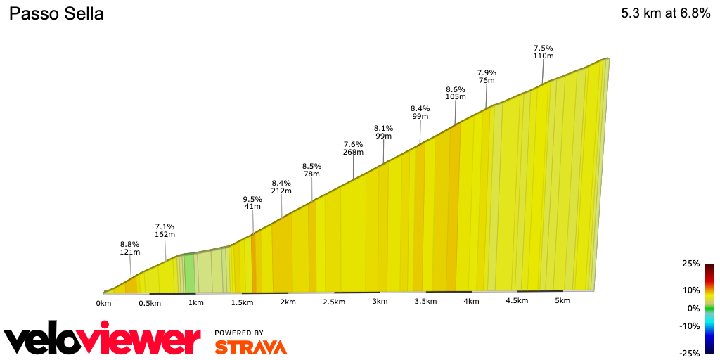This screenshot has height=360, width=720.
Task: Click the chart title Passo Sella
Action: coord(56,14)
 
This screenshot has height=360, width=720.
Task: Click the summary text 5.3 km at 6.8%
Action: coord(665,14)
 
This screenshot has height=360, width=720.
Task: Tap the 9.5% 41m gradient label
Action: coord(252,203)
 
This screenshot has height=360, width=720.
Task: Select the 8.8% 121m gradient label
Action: coord(129,248)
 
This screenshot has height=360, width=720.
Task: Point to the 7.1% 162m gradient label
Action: coord(165,231)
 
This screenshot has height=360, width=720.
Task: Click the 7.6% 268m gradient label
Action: coord(353,148)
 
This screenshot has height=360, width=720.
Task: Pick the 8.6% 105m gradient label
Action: coord(456,94)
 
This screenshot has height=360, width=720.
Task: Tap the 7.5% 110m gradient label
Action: coord(544,52)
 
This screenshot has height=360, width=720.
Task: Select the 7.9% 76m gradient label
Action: coord(487,77)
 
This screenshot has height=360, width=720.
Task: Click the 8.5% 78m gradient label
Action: coord(311,170)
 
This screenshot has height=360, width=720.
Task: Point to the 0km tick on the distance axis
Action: coord(104,303)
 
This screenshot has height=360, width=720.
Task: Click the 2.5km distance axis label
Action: coord(334,302)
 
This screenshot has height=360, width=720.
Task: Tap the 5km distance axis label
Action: coord(562,301)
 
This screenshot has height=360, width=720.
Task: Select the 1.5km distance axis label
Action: coord(242,302)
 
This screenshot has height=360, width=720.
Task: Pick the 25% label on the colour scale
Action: coord(690,264)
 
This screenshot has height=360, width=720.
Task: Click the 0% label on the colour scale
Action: coord(693,308)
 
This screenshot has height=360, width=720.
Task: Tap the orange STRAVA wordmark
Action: coord(250,347)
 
